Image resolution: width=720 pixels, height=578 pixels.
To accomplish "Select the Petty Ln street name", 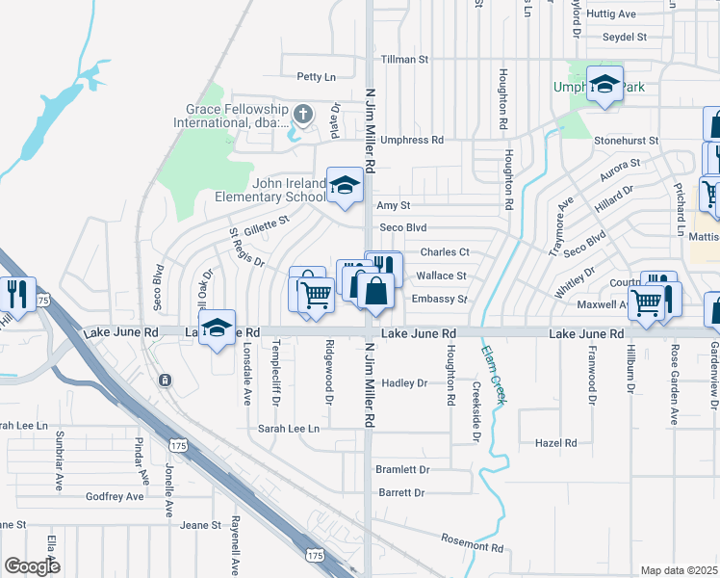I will pos(316,76).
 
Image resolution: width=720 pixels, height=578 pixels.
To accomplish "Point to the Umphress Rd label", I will pos(412,140).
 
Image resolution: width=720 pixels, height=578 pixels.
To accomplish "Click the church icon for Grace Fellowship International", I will pos(302,116).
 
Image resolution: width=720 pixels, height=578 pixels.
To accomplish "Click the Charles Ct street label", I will pos(445,252).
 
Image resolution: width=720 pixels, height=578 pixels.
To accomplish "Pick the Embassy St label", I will pos(439,300).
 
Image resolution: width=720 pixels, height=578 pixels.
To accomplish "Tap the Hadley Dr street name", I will pos(404,383).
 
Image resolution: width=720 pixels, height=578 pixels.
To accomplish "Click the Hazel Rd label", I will pos(555,443).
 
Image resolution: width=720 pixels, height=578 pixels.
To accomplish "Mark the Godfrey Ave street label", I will pos(115,496).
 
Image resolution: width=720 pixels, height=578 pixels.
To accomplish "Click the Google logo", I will pos(32,565).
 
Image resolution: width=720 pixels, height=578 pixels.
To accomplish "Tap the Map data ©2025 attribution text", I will pos(679,570).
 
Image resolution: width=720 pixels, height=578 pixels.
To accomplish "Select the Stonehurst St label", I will pos(626,141).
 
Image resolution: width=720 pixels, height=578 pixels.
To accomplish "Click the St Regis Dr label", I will pos(246,249).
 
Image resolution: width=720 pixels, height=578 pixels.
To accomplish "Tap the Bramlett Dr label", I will pos(403,469).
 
